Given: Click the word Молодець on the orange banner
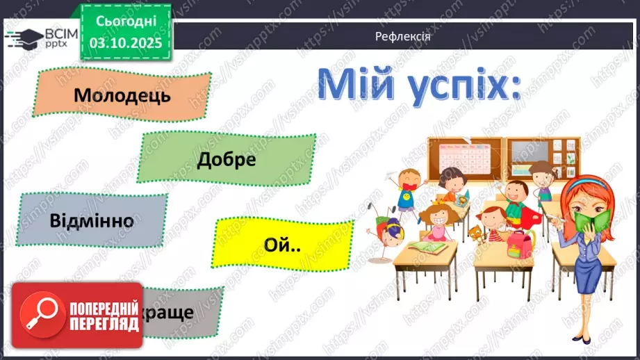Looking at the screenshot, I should point(122,95).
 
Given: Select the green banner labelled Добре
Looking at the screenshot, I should point(227,159).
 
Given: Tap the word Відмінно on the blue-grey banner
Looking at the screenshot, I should point(92,221).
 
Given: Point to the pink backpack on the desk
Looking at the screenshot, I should point(520,242).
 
